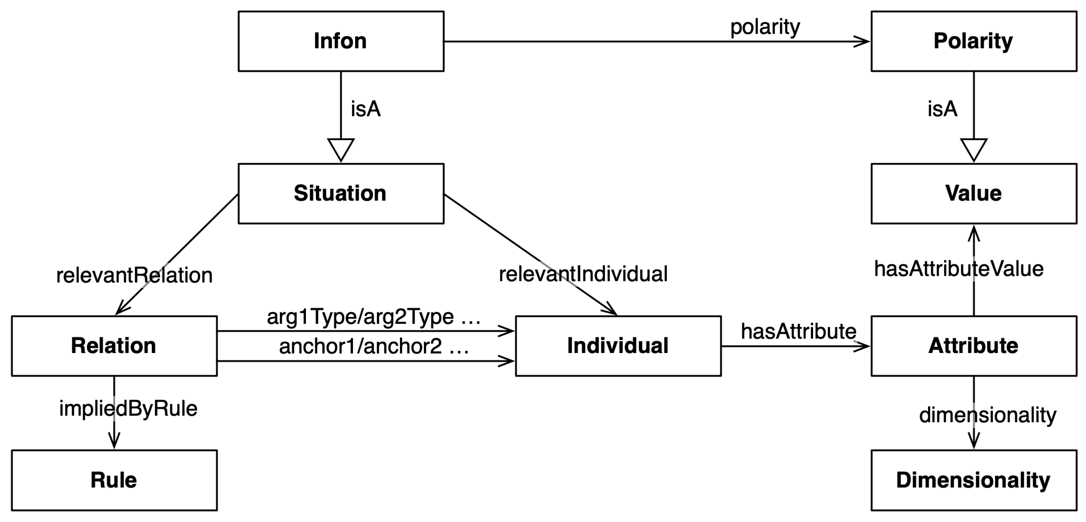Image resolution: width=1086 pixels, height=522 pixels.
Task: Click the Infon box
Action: [341, 41]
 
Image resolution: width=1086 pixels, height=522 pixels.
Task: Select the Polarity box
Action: [973, 41]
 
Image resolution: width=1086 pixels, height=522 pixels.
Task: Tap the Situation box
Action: [341, 194]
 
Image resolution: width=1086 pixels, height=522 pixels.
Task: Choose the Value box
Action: [973, 194]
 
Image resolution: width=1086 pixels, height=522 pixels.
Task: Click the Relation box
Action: [114, 346]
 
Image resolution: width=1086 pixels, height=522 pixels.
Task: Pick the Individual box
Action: [618, 346]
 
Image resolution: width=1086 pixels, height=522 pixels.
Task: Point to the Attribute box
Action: [973, 346]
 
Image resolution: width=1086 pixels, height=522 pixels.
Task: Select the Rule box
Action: [114, 480]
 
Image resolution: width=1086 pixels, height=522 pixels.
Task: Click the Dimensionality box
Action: [973, 480]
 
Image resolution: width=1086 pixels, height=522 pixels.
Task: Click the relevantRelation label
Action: [134, 275]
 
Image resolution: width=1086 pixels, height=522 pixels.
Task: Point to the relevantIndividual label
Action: [583, 274]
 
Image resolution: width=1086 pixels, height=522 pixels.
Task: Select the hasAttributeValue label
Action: [959, 269]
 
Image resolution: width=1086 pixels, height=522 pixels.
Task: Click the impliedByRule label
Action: [128, 409]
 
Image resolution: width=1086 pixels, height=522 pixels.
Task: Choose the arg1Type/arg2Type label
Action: [374, 317]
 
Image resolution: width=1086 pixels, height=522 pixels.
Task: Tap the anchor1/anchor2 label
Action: [374, 347]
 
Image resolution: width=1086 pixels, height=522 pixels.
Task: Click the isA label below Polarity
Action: [942, 109]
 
